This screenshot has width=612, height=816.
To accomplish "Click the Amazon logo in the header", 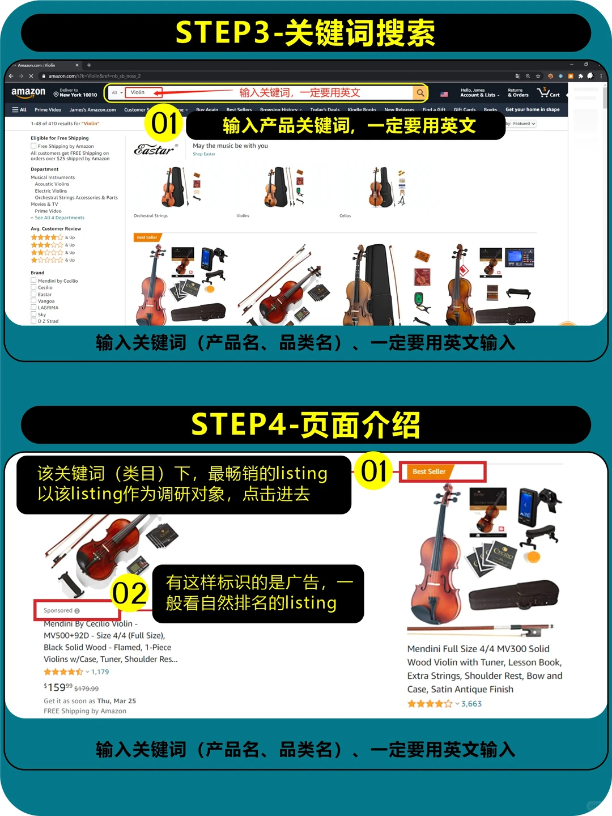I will point(28,92).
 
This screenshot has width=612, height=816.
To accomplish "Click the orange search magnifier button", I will point(420,92).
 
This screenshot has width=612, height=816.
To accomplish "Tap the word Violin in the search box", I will point(138,92).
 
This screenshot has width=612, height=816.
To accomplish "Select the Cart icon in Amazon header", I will point(547,92).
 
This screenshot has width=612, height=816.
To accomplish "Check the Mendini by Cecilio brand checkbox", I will point(33,280).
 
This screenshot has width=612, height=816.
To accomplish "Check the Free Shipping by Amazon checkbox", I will point(33,146).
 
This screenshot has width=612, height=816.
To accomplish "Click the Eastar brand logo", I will point(155,150).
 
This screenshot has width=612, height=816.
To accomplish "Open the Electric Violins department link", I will point(51,191).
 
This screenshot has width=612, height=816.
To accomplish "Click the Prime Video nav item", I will point(48,110).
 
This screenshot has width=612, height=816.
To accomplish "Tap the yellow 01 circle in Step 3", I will point(164,124).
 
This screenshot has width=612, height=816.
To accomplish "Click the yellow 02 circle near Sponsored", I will point(130,593).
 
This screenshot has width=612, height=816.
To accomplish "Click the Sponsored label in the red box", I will point(58,610).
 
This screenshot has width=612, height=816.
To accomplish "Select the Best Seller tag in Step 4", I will point(429,471).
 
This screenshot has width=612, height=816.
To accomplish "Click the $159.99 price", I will point(58,687).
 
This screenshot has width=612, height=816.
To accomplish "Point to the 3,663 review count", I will point(471,704).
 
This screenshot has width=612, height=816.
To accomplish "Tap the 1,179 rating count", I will point(100,672).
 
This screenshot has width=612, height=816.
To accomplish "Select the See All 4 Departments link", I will point(59,218).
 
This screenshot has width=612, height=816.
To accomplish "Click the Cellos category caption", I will point(345,216).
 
